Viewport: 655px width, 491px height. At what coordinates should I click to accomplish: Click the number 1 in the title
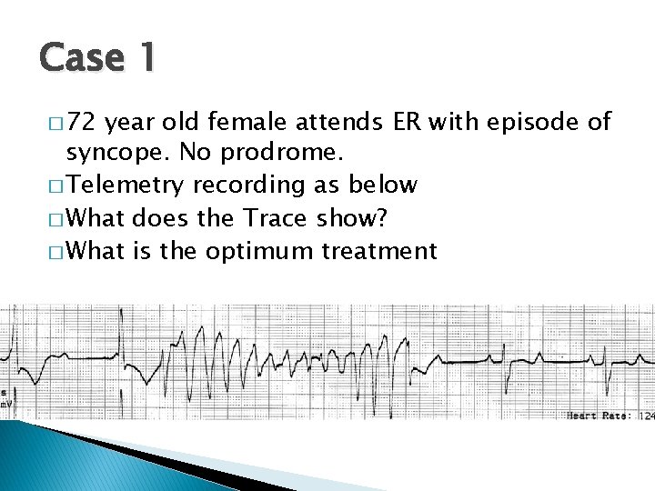tap(145, 59)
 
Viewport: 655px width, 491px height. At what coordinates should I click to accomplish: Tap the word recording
tap(238, 185)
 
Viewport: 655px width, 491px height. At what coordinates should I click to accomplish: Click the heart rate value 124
tap(646, 415)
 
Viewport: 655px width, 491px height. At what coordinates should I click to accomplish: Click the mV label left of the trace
tap(5, 402)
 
